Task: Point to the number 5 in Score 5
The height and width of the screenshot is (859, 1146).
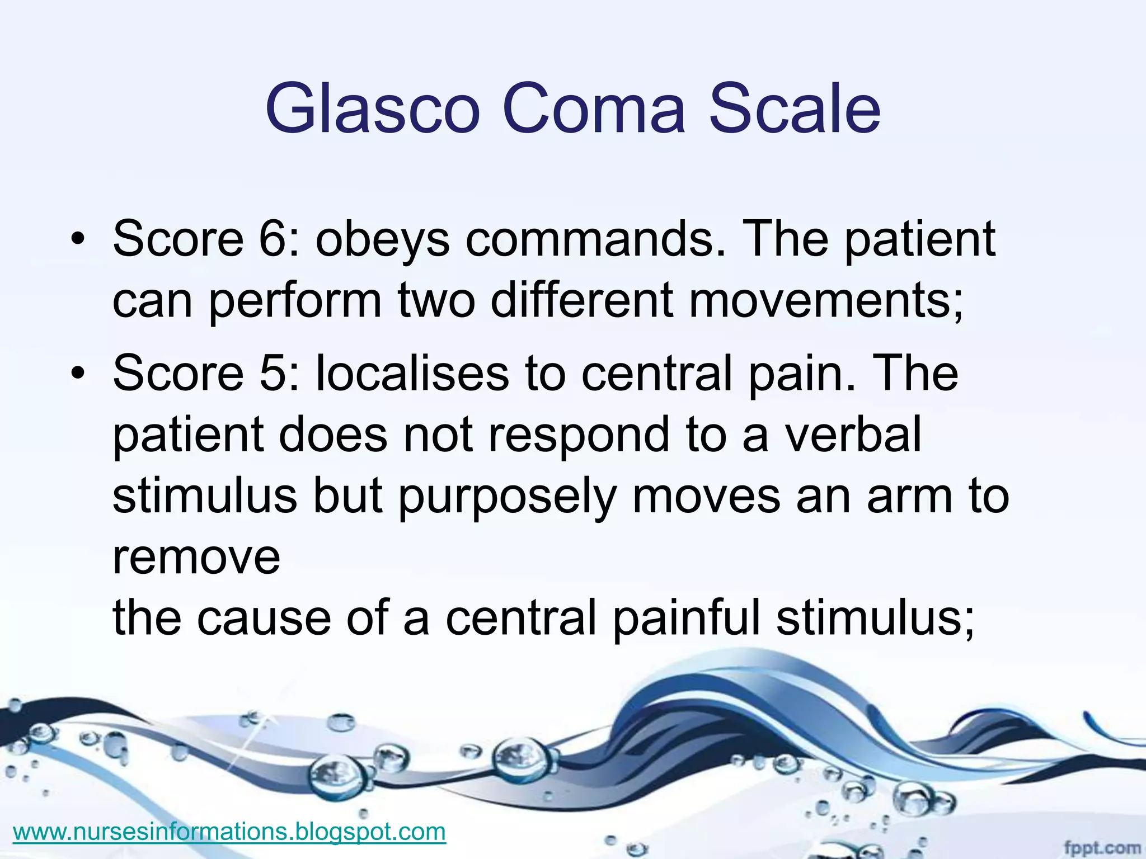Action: (x=273, y=373)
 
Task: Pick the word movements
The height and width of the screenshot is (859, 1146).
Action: (x=826, y=300)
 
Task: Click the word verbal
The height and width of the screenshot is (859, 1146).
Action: (x=853, y=435)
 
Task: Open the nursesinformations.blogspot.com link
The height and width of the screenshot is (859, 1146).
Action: (x=229, y=832)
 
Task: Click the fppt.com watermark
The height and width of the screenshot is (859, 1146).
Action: (x=1101, y=848)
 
